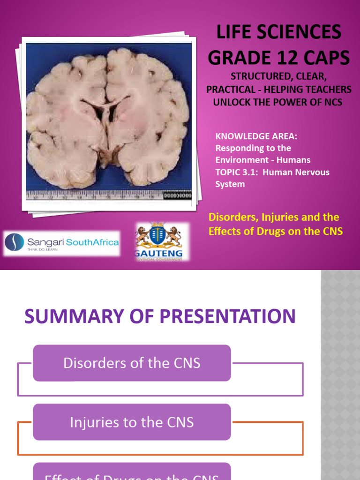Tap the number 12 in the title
pyautogui.click(x=291, y=58)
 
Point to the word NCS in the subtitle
pyautogui.click(x=331, y=102)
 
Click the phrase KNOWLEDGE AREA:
pyautogui.click(x=256, y=136)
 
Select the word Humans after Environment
pyautogui.click(x=293, y=160)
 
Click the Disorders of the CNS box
pyautogui.click(x=132, y=363)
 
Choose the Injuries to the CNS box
pyautogui.click(x=132, y=422)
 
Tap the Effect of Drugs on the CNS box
pyautogui.click(x=132, y=473)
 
